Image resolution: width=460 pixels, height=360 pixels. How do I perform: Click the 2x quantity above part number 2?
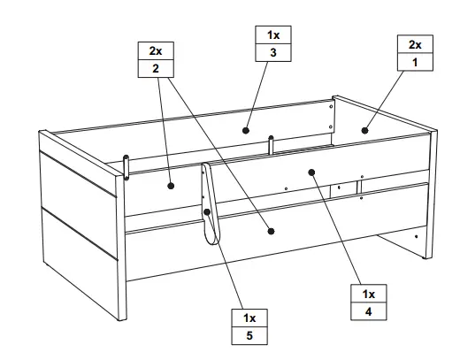pos(156,51)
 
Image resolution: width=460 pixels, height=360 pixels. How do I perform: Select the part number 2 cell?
pos(156,69)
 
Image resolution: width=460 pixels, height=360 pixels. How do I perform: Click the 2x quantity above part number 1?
pos(415,44)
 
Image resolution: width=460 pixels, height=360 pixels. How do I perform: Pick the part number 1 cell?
pos(415,62)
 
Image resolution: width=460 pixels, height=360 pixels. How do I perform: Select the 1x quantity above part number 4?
pos(368,293)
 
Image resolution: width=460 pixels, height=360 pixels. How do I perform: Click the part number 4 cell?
pos(368,310)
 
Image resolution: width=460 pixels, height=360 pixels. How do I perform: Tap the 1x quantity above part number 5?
pos(249,317)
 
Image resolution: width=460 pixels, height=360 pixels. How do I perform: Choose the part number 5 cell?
pos(249,334)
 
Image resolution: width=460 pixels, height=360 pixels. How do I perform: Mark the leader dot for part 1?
pos(364,129)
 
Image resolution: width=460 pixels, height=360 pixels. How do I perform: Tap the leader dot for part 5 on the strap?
pos(208,212)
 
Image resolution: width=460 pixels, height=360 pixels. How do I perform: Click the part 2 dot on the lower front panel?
pos(271,231)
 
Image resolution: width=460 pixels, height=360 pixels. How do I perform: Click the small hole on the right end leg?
pos(417,236)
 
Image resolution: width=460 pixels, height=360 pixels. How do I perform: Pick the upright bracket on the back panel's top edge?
pos(271,144)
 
